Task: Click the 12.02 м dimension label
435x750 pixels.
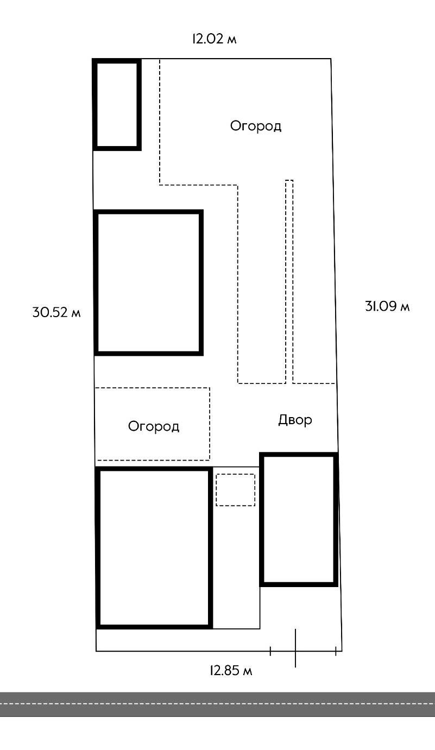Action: click(x=214, y=39)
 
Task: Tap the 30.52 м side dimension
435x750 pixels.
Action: click(x=56, y=312)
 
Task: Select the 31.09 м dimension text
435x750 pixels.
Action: click(x=387, y=306)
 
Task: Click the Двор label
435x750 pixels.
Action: click(x=295, y=420)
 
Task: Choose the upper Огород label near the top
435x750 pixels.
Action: click(x=256, y=126)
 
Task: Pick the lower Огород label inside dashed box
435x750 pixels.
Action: click(x=154, y=426)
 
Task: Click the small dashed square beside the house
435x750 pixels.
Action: click(x=235, y=490)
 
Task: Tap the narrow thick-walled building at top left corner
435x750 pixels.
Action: click(x=117, y=104)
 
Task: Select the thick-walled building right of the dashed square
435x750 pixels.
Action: click(x=299, y=519)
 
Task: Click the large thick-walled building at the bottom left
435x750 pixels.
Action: click(x=154, y=548)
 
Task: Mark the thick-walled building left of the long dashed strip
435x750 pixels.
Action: click(x=149, y=282)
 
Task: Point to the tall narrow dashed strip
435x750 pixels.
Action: click(x=289, y=281)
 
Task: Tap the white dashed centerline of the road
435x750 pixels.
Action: click(x=217, y=704)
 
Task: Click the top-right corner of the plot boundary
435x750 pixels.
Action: click(x=331, y=59)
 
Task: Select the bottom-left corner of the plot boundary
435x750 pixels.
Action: click(x=96, y=651)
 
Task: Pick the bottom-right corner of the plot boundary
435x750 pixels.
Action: click(x=342, y=651)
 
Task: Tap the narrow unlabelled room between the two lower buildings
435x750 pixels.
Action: click(x=236, y=548)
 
